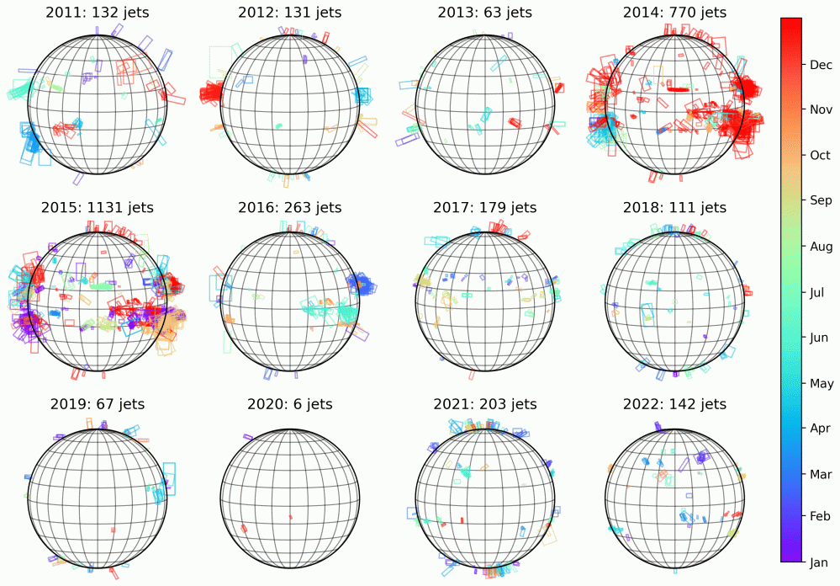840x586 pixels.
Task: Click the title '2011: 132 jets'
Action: tap(97, 12)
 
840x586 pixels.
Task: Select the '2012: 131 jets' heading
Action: tap(290, 12)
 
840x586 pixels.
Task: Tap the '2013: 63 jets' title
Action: tap(484, 12)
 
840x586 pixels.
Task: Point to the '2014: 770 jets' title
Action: tap(674, 12)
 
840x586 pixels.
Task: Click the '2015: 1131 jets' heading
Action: tap(97, 207)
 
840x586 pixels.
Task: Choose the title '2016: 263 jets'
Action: tap(290, 207)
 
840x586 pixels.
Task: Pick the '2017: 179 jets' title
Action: tap(484, 207)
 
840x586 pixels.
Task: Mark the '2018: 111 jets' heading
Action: tap(674, 207)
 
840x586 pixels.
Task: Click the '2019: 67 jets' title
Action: tap(97, 404)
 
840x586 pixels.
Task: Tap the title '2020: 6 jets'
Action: tap(290, 404)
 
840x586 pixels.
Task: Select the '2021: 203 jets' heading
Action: tap(484, 404)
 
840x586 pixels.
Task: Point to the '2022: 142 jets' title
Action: tap(674, 404)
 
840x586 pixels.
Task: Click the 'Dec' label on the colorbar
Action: tap(797, 64)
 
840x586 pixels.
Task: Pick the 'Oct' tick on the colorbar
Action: tap(796, 155)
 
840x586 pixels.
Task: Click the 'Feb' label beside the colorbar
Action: tap(796, 515)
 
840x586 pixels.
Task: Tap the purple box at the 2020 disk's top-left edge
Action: tap(247, 436)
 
